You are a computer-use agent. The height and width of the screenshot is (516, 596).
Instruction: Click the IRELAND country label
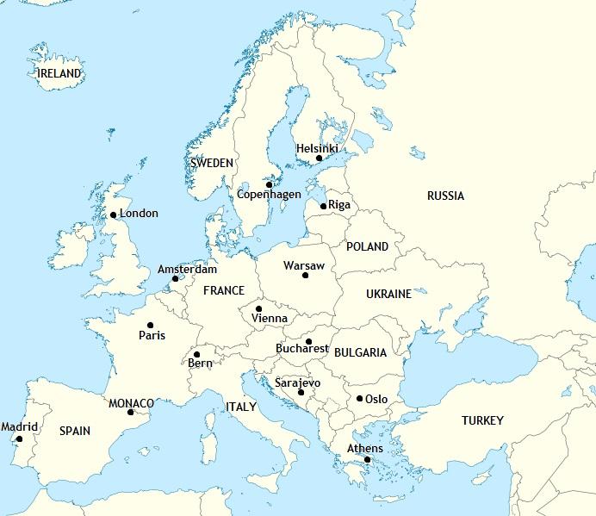click(60, 74)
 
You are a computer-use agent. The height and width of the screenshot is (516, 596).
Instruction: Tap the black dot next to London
click(113, 215)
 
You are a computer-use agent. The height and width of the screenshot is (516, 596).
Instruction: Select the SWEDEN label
click(212, 163)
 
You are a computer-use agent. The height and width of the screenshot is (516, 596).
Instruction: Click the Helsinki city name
click(317, 148)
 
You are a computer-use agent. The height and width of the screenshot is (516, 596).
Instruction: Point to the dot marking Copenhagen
click(269, 184)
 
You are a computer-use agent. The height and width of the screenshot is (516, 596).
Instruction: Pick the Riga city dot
click(323, 206)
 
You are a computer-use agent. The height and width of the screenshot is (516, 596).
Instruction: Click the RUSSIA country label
click(445, 196)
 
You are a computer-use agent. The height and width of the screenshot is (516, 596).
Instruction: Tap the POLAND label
click(367, 246)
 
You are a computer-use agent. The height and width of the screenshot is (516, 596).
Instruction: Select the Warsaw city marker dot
click(305, 275)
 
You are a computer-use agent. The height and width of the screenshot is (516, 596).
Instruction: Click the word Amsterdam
click(187, 270)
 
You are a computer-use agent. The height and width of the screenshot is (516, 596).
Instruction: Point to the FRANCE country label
click(224, 291)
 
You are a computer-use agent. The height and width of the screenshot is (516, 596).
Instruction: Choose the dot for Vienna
click(258, 308)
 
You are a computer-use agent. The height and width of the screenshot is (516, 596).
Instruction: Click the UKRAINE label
click(388, 295)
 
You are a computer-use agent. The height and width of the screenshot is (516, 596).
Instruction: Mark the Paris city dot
click(151, 326)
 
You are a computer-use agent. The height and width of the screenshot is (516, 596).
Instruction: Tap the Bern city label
click(200, 364)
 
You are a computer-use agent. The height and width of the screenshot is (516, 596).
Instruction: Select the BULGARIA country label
click(360, 353)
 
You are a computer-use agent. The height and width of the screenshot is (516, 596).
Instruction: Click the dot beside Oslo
click(359, 398)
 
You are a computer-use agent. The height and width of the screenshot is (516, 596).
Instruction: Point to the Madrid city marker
click(20, 438)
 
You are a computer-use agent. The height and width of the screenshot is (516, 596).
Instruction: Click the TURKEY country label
click(482, 420)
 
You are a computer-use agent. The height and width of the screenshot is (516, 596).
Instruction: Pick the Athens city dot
click(367, 459)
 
